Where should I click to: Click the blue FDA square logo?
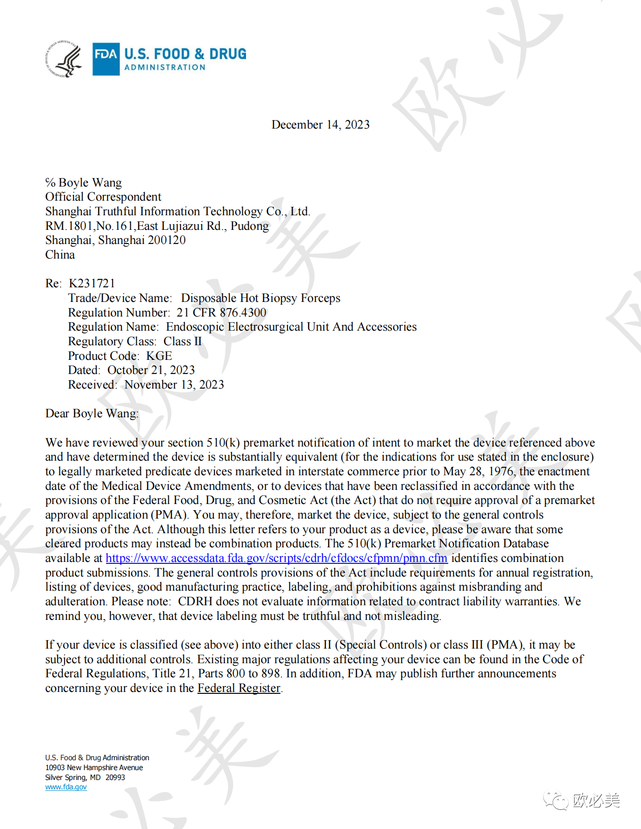click(106, 59)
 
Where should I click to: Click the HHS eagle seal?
click(65, 59)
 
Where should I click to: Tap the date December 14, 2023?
click(320, 125)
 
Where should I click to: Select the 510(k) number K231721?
click(92, 284)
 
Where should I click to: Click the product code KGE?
click(159, 356)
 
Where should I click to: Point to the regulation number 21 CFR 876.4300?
click(222, 313)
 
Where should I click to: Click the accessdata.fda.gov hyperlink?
click(276, 559)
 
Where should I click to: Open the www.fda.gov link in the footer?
click(66, 787)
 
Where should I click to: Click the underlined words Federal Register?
click(238, 688)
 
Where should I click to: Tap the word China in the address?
click(60, 255)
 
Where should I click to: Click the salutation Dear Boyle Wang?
click(91, 414)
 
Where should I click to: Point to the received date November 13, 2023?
click(174, 385)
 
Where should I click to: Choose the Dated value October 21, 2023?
click(151, 370)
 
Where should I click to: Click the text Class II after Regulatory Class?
click(182, 341)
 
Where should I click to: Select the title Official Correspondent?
click(103, 197)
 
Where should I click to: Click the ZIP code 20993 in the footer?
click(115, 778)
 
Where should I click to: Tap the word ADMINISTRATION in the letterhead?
click(165, 67)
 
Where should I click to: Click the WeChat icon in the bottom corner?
click(555, 800)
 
